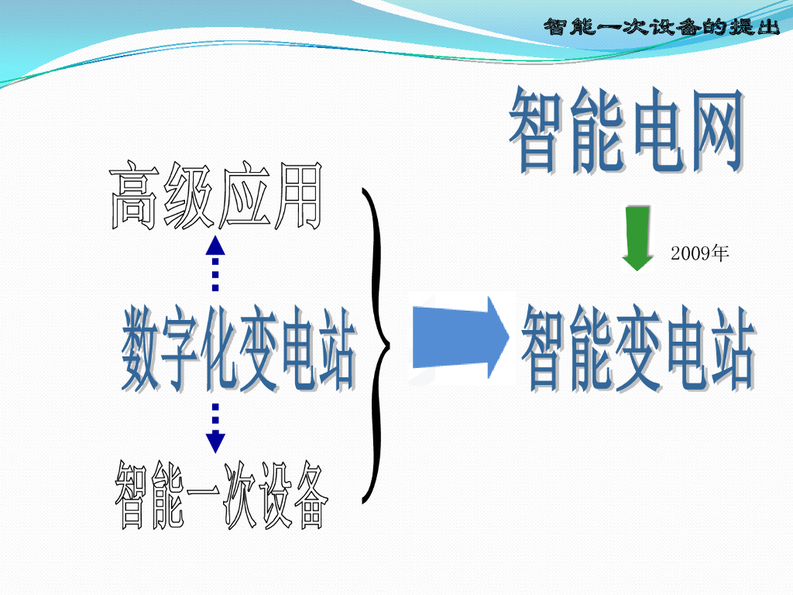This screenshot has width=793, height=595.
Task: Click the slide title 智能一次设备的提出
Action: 661,27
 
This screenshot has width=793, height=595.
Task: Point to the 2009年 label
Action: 700,253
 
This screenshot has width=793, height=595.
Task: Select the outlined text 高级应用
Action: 215,195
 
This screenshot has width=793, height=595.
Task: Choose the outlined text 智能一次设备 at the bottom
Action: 221,496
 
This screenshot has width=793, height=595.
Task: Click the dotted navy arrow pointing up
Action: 215,264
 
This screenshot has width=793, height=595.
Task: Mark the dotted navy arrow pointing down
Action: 215,428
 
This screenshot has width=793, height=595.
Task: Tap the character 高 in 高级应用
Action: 134,195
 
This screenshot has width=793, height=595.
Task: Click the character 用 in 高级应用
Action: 296,195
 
